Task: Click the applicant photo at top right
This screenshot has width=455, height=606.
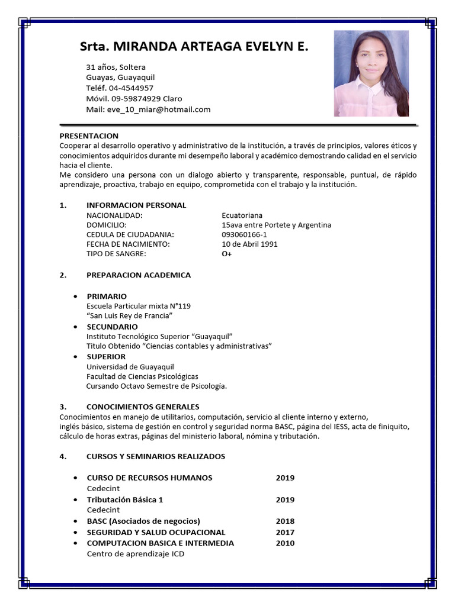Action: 371,73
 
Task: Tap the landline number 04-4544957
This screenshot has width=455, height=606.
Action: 131,88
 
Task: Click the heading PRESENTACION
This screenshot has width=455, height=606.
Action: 89,136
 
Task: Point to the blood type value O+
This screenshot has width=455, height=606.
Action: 226,254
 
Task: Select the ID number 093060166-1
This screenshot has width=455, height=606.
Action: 244,234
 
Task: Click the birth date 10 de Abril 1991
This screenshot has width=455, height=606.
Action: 249,244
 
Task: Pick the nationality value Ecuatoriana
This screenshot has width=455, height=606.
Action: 242,215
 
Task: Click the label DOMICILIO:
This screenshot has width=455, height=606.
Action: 107,225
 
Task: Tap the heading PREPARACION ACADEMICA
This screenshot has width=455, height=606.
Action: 139,275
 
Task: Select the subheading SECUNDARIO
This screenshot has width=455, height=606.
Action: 112,327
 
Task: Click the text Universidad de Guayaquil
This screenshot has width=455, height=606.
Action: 130,367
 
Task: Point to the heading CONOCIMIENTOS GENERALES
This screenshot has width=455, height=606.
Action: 143,407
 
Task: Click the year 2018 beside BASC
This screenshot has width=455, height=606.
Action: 285,521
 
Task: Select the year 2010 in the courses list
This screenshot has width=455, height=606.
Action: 285,543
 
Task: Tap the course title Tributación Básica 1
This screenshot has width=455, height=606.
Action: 124,499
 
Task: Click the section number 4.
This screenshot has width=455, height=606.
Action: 62,456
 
